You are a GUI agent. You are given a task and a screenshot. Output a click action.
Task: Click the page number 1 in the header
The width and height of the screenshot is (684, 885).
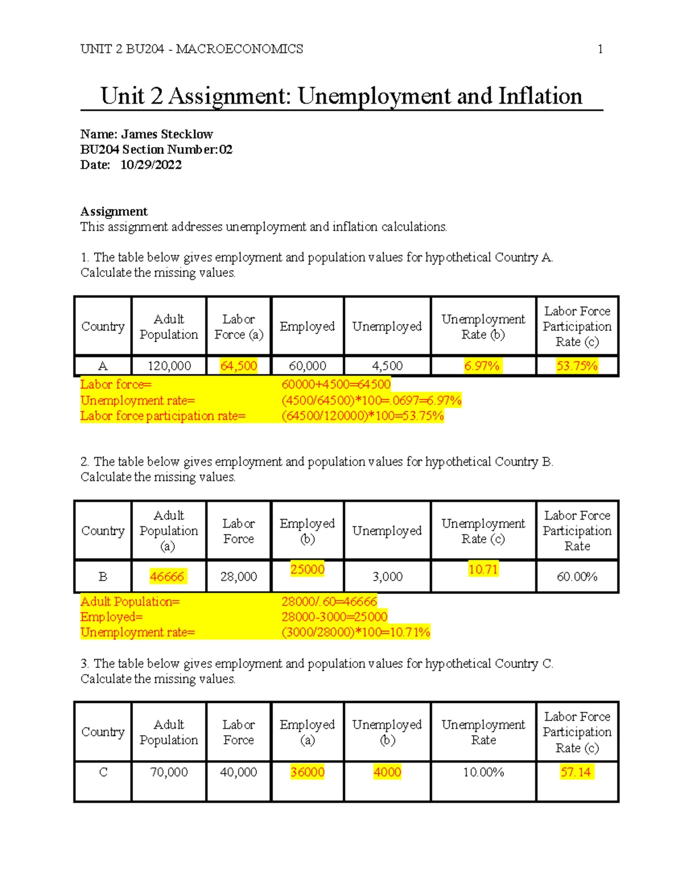pos(600,49)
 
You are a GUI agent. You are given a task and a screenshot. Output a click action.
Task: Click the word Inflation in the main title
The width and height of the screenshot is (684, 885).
pos(540,96)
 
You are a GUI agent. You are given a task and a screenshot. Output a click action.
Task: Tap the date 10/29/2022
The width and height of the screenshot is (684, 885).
pos(151,165)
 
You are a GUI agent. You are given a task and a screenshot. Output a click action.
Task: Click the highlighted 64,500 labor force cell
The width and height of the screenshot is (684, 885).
pos(238,366)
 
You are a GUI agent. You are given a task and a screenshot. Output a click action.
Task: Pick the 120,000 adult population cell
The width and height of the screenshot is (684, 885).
pos(169,366)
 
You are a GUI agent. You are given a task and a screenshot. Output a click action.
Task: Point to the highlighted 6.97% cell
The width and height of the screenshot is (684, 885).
pos(482,366)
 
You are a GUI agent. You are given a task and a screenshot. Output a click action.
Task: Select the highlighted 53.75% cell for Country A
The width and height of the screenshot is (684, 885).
pos(577,366)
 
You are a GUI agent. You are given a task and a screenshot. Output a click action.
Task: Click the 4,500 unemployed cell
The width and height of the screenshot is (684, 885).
pos(387,366)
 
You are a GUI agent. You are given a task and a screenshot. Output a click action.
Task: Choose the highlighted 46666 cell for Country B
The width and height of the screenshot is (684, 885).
pos(167,577)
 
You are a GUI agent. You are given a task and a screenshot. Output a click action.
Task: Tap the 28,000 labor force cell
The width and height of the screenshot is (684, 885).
pos(238,577)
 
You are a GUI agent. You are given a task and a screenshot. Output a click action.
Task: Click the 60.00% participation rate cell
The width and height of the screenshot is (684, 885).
pos(577,577)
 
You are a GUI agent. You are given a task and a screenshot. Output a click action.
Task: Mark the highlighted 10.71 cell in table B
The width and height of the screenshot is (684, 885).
pos(483,569)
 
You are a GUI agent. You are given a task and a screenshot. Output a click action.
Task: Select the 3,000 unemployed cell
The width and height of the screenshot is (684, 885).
pos(387,577)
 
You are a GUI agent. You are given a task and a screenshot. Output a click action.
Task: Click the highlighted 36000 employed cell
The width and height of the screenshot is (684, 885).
pos(307,772)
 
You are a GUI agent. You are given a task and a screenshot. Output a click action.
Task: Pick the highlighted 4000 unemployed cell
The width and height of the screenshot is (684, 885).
pos(387,772)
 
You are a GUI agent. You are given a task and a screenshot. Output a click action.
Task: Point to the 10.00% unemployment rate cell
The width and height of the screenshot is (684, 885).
pos(483,772)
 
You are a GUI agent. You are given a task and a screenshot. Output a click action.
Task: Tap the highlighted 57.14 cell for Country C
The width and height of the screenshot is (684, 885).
pos(576,772)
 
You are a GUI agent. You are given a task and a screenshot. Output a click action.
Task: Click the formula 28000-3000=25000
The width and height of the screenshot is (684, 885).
pos(335,617)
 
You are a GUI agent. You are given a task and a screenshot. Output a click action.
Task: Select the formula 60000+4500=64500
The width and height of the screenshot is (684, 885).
pos(336,385)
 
